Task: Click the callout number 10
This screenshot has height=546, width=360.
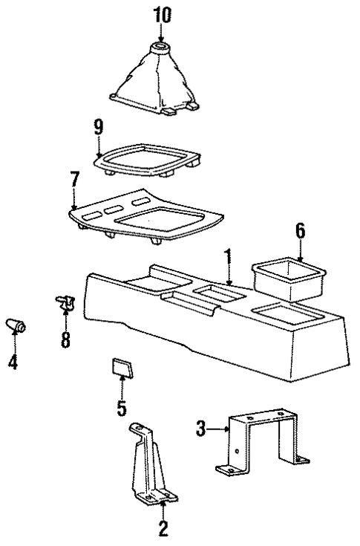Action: pos(162,14)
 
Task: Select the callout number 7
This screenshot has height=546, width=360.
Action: pos(73,180)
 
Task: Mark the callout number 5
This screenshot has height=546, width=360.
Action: pos(122,408)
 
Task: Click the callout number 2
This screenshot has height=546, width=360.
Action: pos(163,528)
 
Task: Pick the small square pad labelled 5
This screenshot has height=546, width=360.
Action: pos(122,368)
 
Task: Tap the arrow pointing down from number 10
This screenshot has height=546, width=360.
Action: pos(162,34)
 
